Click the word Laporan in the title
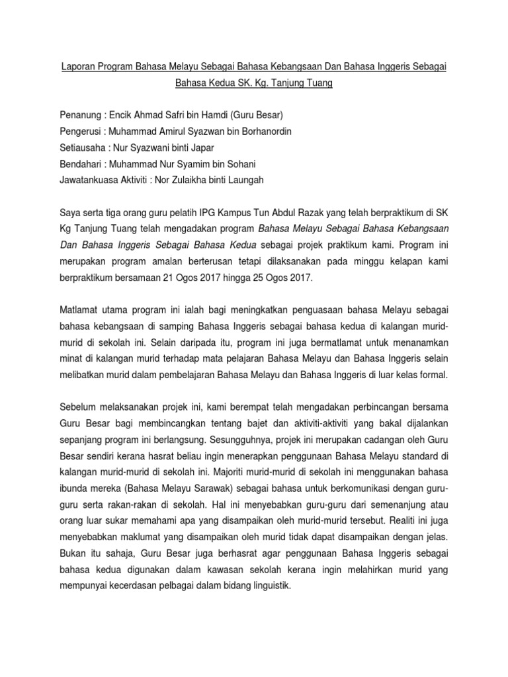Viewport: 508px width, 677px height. (x=79, y=66)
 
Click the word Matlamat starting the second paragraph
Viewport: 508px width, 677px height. (x=80, y=311)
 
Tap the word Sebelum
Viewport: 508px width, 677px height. (x=79, y=409)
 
